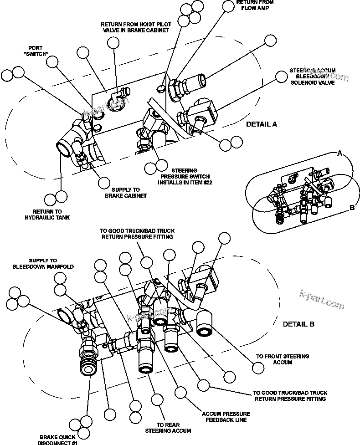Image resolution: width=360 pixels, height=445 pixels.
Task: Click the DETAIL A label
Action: pyautogui.click(x=261, y=124)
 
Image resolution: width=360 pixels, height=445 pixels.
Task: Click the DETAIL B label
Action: pyautogui.click(x=298, y=324)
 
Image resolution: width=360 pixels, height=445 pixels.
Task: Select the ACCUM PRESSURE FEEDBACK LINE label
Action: pyautogui.click(x=226, y=417)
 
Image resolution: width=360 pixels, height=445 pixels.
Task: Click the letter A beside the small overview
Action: pyautogui.click(x=339, y=154)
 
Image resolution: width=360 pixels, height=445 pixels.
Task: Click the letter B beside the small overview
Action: pyautogui.click(x=352, y=208)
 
